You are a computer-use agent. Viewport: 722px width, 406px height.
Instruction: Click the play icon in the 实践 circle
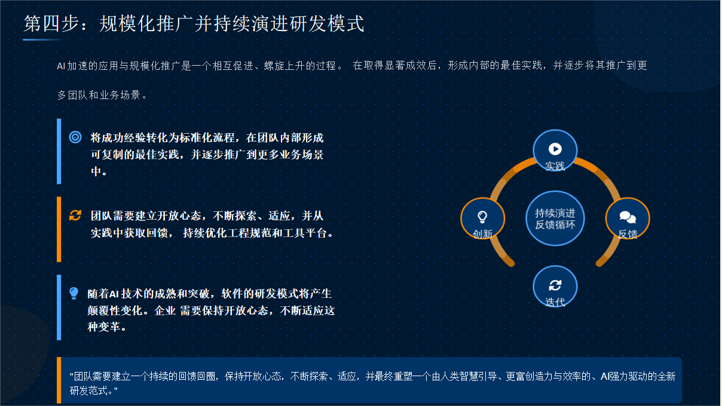[555, 149]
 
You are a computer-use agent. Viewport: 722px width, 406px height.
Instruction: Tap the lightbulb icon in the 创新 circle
[482, 217]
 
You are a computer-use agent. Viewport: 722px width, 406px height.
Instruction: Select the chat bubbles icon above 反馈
[628, 217]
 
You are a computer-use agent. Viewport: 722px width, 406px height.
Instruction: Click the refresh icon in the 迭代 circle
[555, 285]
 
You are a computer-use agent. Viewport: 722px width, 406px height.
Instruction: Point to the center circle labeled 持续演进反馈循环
[555, 219]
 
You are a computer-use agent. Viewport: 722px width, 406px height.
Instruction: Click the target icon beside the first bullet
[75, 137]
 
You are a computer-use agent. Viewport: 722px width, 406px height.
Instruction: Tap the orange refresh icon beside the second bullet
[75, 215]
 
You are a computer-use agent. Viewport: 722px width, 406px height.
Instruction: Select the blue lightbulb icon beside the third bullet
[74, 293]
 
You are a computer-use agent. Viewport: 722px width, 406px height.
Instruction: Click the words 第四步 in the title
[51, 23]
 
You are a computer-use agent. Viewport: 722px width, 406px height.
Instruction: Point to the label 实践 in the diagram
[555, 166]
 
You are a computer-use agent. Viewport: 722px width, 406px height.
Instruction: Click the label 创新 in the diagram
[482, 233]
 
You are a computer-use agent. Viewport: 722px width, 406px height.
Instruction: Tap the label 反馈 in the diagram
[628, 233]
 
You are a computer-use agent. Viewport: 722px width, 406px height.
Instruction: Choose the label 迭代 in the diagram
[555, 302]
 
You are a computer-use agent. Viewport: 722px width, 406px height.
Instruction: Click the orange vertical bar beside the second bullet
[59, 229]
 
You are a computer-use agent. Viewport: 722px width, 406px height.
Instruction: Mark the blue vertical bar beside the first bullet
[59, 151]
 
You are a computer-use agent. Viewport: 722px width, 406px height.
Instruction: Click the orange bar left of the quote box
[59, 380]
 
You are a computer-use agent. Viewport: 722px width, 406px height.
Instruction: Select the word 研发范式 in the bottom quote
[88, 390]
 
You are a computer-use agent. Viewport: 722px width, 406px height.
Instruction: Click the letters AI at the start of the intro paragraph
[61, 66]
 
